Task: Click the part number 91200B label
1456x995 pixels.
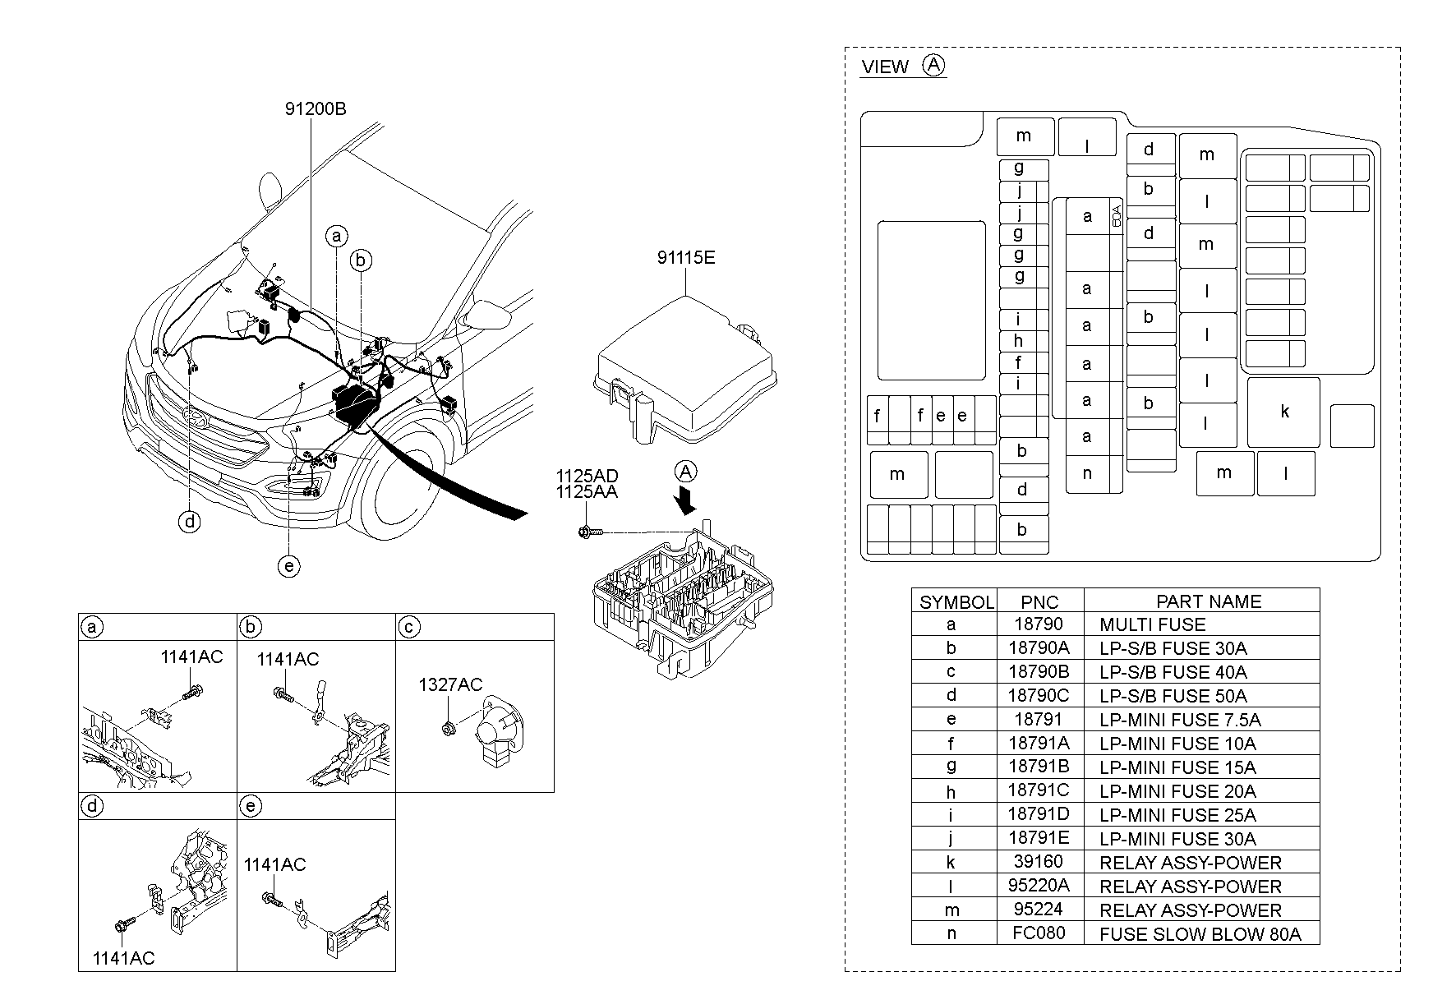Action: pyautogui.click(x=316, y=108)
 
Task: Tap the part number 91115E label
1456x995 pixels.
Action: pyautogui.click(x=685, y=258)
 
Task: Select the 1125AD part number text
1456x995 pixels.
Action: pyautogui.click(x=587, y=477)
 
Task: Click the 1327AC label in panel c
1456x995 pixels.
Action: pyautogui.click(x=450, y=684)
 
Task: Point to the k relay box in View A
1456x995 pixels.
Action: pyautogui.click(x=1283, y=412)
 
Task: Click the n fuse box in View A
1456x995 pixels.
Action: pyautogui.click(x=1087, y=473)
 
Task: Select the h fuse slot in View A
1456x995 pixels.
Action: pyautogui.click(x=1018, y=341)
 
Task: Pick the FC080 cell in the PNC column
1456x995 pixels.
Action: pyautogui.click(x=1039, y=933)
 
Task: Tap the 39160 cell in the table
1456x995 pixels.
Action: pyautogui.click(x=1039, y=862)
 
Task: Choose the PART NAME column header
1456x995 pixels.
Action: pyautogui.click(x=1208, y=601)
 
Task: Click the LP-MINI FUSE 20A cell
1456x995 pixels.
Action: pyautogui.click(x=1177, y=791)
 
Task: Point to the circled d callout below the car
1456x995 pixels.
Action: pyautogui.click(x=190, y=521)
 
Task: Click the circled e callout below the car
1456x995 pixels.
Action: pyautogui.click(x=288, y=566)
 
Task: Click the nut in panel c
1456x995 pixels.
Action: pyautogui.click(x=449, y=726)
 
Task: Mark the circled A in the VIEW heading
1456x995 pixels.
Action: pyautogui.click(x=934, y=65)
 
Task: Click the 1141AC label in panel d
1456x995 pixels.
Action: pyautogui.click(x=123, y=958)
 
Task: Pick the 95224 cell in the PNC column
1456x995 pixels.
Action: pyautogui.click(x=1039, y=910)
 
